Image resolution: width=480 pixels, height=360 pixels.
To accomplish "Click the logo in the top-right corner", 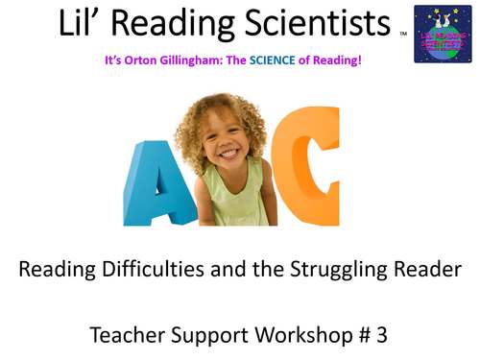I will (442, 34).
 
